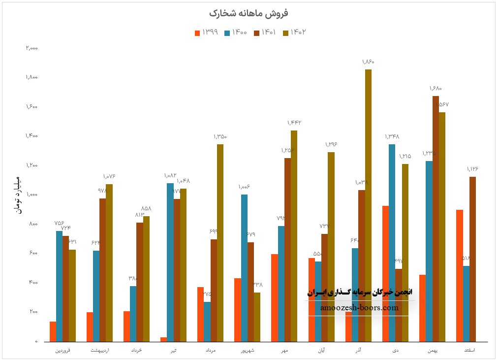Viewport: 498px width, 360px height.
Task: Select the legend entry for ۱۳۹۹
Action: click(x=207, y=33)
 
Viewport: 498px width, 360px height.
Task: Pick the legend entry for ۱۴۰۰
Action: click(x=236, y=33)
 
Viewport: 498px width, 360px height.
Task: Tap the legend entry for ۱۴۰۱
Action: click(x=266, y=33)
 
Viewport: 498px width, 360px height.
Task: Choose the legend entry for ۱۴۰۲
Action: click(x=295, y=33)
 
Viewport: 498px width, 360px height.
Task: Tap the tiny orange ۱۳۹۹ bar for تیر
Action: click(x=163, y=339)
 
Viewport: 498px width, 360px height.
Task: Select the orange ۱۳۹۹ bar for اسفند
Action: click(x=460, y=275)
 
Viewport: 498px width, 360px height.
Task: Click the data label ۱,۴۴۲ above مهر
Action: click(x=294, y=123)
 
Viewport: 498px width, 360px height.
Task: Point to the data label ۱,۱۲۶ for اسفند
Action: click(x=472, y=169)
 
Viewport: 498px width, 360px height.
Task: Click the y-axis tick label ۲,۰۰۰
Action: click(x=32, y=48)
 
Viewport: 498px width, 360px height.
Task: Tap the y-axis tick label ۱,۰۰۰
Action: click(x=32, y=195)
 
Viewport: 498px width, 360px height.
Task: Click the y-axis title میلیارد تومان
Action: click(x=19, y=195)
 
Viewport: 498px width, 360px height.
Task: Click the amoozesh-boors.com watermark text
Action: click(x=359, y=308)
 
